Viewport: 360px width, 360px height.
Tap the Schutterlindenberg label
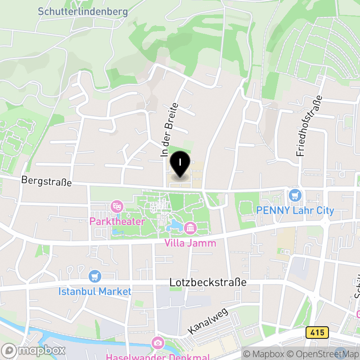click(x=83, y=12)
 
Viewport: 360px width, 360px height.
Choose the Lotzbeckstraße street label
click(x=208, y=283)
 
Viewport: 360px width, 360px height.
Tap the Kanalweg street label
click(x=208, y=321)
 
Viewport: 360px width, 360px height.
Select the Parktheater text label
click(x=117, y=222)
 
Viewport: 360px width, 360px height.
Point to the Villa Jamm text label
click(x=190, y=243)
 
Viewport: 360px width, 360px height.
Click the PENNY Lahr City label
click(x=295, y=211)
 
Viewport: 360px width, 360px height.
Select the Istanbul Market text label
click(x=95, y=292)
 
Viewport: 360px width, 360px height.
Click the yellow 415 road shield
click(x=317, y=333)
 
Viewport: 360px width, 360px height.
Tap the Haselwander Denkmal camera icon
click(x=158, y=343)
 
